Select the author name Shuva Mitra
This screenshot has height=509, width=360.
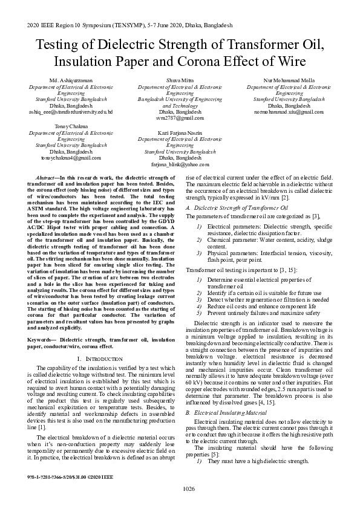point(180,80)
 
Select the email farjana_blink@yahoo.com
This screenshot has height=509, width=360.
point(180,164)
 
